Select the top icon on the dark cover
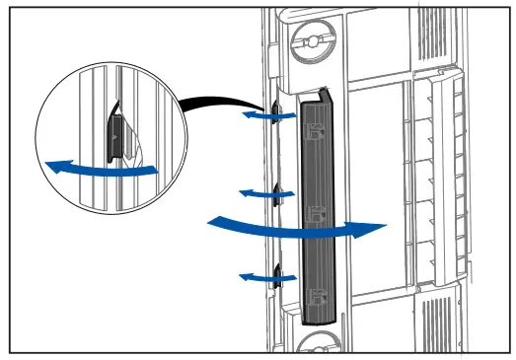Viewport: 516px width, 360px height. point(317,135)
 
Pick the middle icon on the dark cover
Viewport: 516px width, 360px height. point(317,214)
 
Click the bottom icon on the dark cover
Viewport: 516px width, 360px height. point(317,293)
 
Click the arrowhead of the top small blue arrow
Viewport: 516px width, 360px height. point(248,115)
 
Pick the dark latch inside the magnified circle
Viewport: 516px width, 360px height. point(114,135)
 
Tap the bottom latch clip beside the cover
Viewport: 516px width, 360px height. point(278,273)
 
